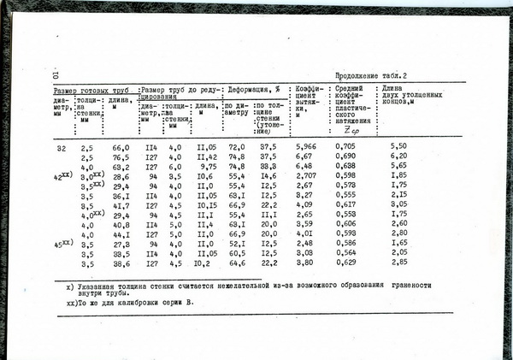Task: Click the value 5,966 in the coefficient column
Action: (305, 147)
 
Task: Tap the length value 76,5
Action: (121, 157)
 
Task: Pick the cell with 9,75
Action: (208, 167)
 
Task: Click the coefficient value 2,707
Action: (305, 176)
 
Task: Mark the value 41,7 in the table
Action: (121, 205)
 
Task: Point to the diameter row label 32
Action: (61, 147)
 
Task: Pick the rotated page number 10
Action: (55, 76)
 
